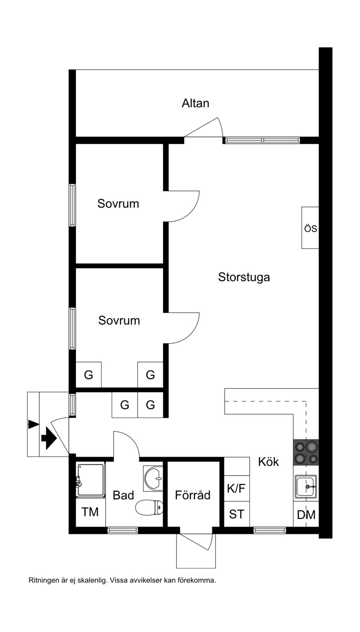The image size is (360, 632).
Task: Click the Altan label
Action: tap(195, 103)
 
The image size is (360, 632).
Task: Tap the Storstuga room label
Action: tap(244, 278)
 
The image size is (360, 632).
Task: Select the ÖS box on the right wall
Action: tap(310, 228)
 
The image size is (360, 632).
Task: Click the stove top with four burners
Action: tap(306, 452)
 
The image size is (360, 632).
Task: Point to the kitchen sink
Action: tap(306, 486)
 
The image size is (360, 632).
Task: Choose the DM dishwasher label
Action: tap(306, 515)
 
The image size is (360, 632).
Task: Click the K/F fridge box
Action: tap(237, 489)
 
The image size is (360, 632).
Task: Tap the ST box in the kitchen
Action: tap(237, 514)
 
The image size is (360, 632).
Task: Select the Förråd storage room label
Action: tap(193, 495)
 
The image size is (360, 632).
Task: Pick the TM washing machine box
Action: tap(90, 512)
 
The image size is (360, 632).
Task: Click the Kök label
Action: tap(269, 462)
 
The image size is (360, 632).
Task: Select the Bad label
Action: tap(123, 495)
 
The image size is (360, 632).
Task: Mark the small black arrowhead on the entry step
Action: tap(34, 424)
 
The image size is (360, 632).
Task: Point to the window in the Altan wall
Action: tap(261, 140)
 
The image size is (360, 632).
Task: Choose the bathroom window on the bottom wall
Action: tap(122, 530)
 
